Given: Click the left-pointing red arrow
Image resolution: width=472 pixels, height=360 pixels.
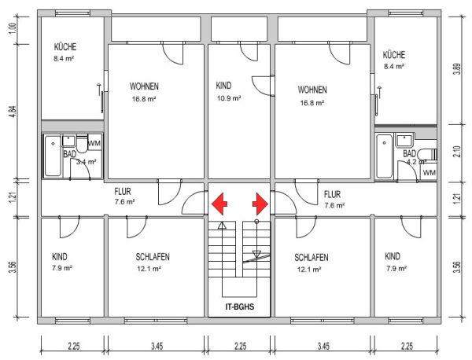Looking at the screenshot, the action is pyautogui.click(x=219, y=204).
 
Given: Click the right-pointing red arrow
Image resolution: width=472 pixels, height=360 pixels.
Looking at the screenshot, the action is pyautogui.click(x=260, y=204).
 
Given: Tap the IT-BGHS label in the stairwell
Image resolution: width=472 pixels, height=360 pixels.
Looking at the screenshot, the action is pyautogui.click(x=240, y=307).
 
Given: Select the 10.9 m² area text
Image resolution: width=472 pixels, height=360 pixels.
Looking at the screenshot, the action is pyautogui.click(x=229, y=98).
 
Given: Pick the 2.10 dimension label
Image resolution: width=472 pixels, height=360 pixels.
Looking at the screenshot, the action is pyautogui.click(x=457, y=151).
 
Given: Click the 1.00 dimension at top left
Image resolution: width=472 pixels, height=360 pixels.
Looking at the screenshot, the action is pyautogui.click(x=13, y=28).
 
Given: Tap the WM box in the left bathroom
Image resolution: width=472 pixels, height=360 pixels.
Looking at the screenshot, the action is pyautogui.click(x=94, y=143).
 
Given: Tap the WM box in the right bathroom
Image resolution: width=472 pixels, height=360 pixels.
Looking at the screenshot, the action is pyautogui.click(x=429, y=173).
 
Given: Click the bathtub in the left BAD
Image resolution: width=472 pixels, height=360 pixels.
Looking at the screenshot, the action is pyautogui.click(x=53, y=156).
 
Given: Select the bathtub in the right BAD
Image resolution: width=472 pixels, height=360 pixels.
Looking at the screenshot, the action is pyautogui.click(x=385, y=156).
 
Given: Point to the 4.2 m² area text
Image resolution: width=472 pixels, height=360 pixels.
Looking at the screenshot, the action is pyautogui.click(x=417, y=162).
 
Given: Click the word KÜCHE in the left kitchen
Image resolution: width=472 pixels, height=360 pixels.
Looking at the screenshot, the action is pyautogui.click(x=65, y=46).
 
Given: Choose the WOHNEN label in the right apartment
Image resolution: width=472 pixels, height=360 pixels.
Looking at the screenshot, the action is pyautogui.click(x=312, y=90).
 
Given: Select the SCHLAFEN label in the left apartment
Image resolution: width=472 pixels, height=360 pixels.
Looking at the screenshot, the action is pyautogui.click(x=153, y=257).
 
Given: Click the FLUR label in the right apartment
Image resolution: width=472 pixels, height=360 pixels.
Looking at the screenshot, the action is pyautogui.click(x=332, y=194).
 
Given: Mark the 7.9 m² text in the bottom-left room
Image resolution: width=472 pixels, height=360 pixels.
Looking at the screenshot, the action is pyautogui.click(x=61, y=268).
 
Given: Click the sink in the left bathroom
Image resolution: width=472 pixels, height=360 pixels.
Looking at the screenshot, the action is pyautogui.click(x=69, y=141).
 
